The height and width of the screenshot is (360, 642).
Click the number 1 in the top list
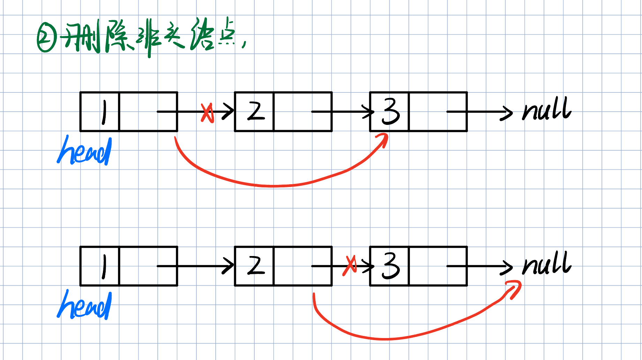[x=104, y=112]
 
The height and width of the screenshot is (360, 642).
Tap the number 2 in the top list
[x=256, y=112]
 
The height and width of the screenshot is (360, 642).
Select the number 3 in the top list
[x=391, y=112]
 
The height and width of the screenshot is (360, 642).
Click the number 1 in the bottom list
[x=104, y=267]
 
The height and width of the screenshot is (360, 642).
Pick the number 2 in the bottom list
[x=256, y=266]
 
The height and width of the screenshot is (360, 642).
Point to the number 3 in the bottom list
[x=391, y=266]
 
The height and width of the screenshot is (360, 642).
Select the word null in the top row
[x=546, y=109]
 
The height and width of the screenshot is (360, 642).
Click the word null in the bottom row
[x=546, y=263]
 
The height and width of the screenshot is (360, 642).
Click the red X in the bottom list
[x=350, y=266]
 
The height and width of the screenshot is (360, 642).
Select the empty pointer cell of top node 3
[x=438, y=112]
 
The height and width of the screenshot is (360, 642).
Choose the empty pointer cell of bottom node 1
[x=148, y=266]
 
